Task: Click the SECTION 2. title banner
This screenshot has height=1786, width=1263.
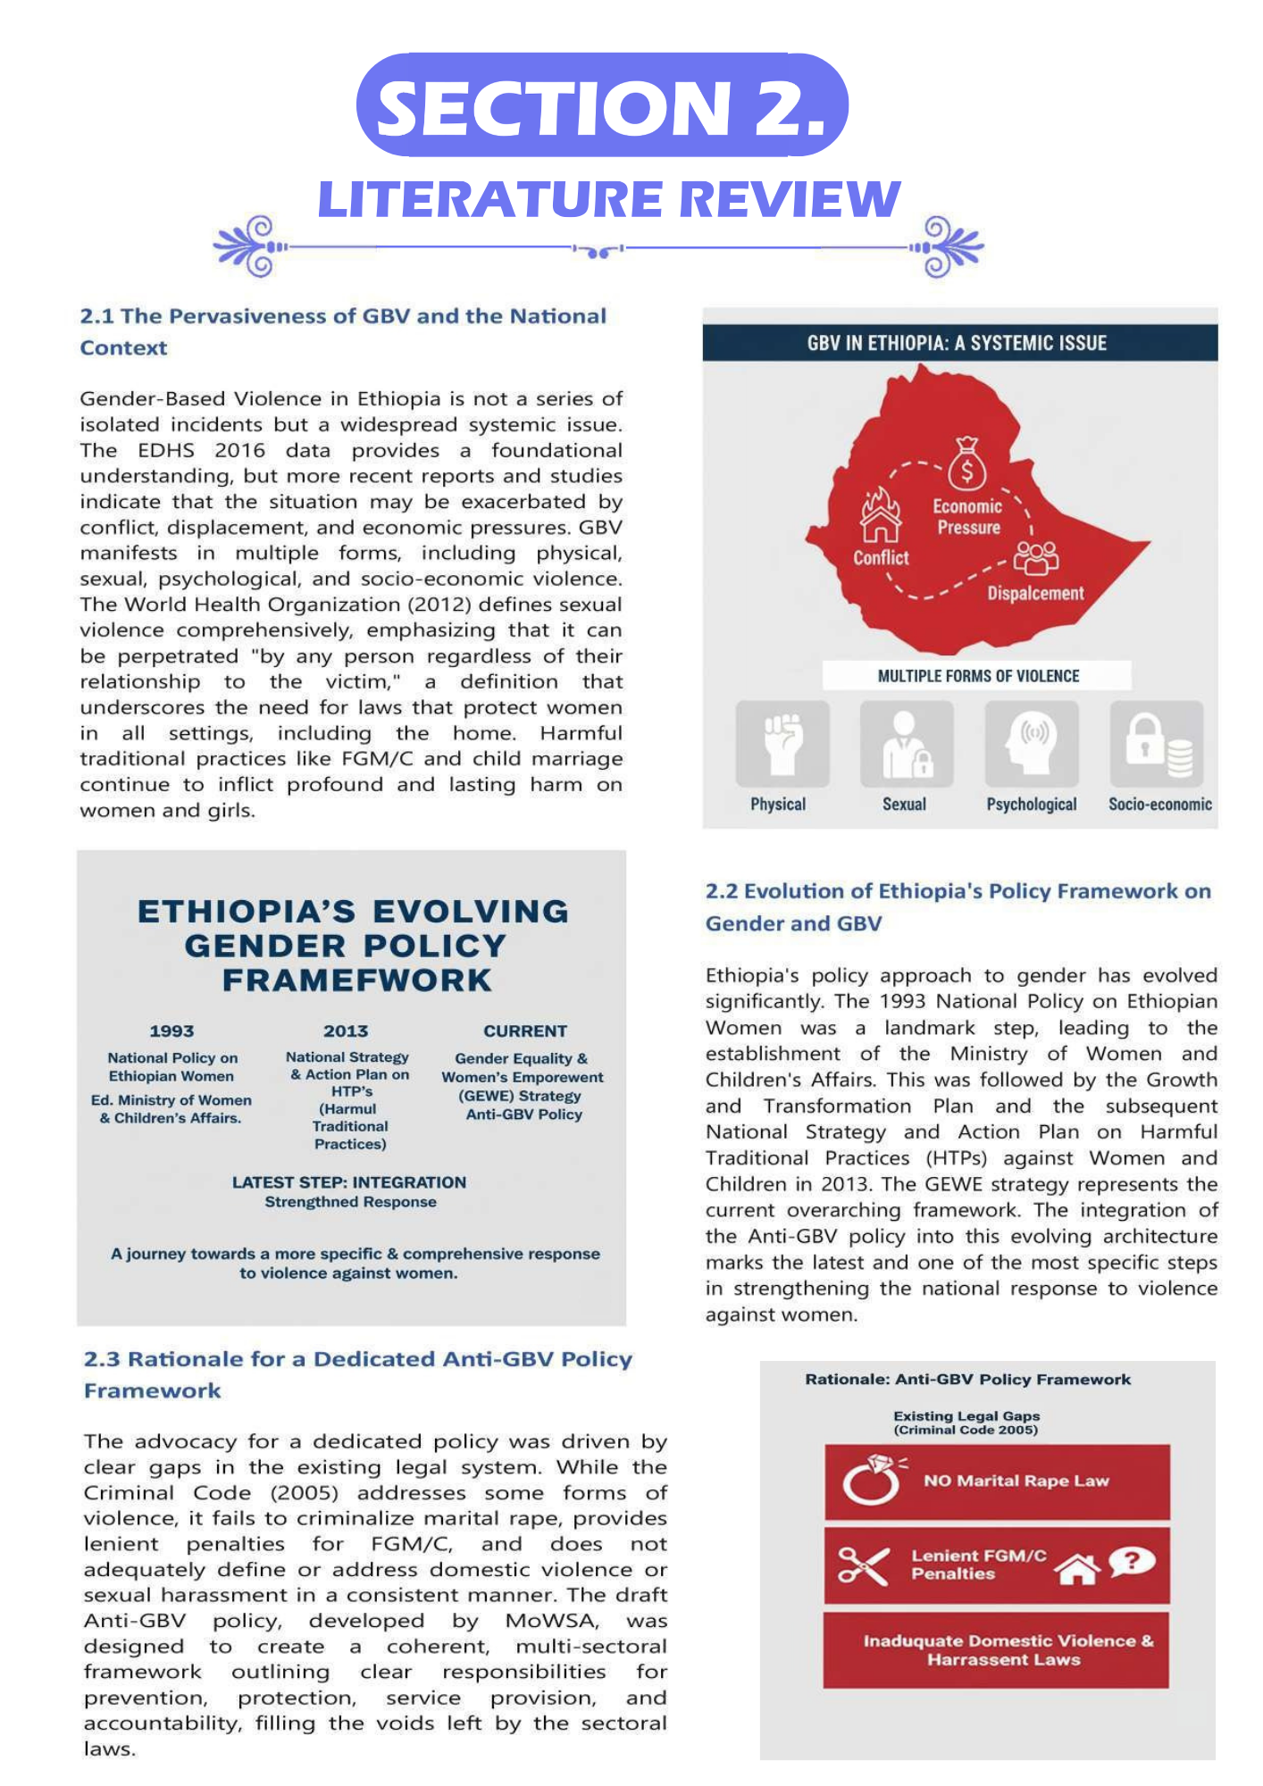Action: pyautogui.click(x=602, y=105)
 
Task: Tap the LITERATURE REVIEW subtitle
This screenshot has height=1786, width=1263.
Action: pyautogui.click(x=609, y=198)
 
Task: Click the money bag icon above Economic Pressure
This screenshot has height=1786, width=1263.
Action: pyautogui.click(x=966, y=464)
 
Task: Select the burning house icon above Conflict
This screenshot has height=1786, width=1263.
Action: pyautogui.click(x=881, y=516)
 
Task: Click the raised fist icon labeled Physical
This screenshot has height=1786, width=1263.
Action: pyautogui.click(x=782, y=743)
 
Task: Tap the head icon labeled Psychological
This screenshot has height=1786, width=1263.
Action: pyautogui.click(x=1032, y=743)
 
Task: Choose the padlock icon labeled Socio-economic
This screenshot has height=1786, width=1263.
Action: pyautogui.click(x=1157, y=743)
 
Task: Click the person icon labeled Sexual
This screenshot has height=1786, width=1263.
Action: pyautogui.click(x=907, y=743)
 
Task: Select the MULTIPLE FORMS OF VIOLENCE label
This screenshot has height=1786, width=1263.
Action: pyautogui.click(x=978, y=676)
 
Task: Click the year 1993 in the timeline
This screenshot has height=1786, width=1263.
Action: pyautogui.click(x=171, y=1031)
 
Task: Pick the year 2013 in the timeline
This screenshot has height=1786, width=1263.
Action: pyautogui.click(x=346, y=1031)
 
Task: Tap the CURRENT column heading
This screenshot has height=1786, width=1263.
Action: pyautogui.click(x=525, y=1031)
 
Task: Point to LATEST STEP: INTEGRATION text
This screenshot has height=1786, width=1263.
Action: pyautogui.click(x=349, y=1182)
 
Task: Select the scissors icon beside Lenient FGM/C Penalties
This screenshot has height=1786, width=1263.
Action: pyautogui.click(x=863, y=1565)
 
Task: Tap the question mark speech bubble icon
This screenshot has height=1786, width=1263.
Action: pyautogui.click(x=1133, y=1561)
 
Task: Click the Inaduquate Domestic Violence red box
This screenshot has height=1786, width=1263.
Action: pyautogui.click(x=996, y=1650)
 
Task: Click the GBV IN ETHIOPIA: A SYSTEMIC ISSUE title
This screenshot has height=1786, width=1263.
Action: pyautogui.click(x=957, y=343)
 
